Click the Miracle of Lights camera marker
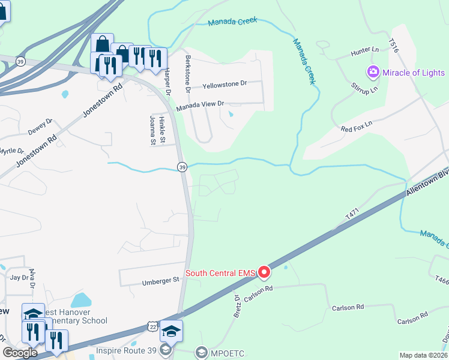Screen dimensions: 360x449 [x=373, y=73]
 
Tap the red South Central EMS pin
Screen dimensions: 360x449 [x=265, y=273]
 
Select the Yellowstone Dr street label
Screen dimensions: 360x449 [x=225, y=85]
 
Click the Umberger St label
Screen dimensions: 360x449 [x=160, y=280]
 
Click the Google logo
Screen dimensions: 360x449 [x=20, y=353]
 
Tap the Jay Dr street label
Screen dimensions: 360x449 [x=19, y=277]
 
